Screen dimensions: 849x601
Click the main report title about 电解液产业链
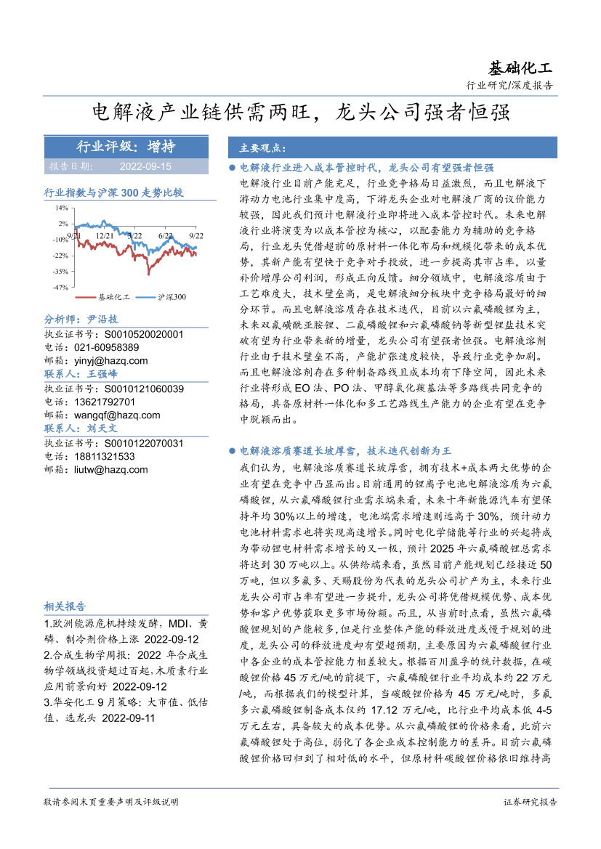(x=301, y=112)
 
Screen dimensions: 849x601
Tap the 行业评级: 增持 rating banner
(x=116, y=147)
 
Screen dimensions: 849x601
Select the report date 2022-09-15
(x=145, y=166)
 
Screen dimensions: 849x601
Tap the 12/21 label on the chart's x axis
(x=104, y=235)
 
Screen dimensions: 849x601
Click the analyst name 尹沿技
(x=101, y=320)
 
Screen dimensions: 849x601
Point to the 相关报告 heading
(x=65, y=606)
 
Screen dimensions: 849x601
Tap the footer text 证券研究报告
(x=530, y=802)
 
